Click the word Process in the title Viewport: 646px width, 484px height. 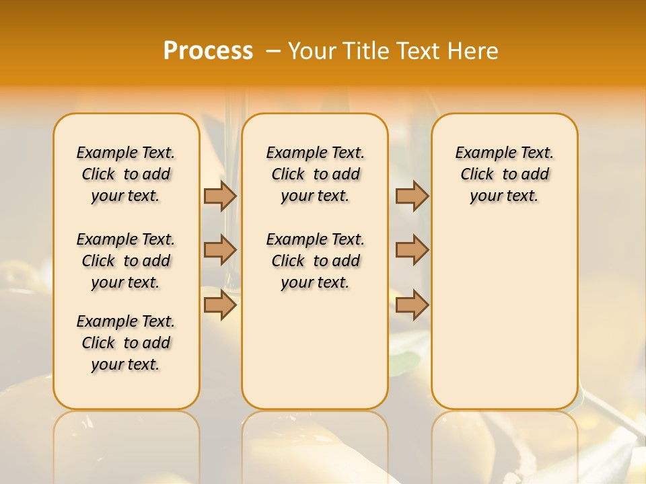pos(208,50)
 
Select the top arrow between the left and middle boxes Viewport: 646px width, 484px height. pos(220,196)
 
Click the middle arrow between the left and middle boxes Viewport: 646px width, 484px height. pos(220,250)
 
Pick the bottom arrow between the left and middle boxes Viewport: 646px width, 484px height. pos(220,305)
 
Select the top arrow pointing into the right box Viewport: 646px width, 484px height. pos(412,196)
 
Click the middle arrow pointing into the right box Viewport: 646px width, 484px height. pos(412,250)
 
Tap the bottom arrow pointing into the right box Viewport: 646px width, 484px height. pos(412,305)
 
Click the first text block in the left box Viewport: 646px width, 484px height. pos(126,174)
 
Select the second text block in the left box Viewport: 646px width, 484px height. pos(126,261)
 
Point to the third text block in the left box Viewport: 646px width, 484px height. pos(126,343)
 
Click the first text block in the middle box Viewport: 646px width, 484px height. pos(315,174)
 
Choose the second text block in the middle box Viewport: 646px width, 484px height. pos(315,261)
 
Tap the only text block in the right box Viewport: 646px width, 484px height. pos(504,174)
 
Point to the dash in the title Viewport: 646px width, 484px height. pos(273,51)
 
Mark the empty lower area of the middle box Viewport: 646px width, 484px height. pos(315,350)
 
